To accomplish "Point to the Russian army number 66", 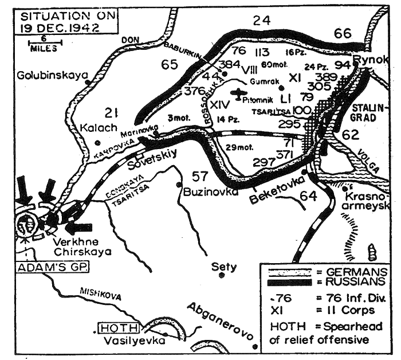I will tap(343, 34).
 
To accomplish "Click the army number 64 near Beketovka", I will tap(308, 197).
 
